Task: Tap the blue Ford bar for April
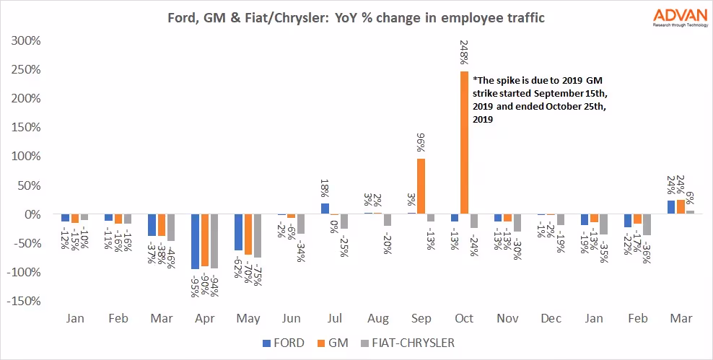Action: (195, 242)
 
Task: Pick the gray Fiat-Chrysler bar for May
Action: (258, 236)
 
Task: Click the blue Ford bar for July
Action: (325, 209)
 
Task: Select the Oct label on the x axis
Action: (464, 319)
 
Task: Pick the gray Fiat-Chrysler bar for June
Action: (301, 224)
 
